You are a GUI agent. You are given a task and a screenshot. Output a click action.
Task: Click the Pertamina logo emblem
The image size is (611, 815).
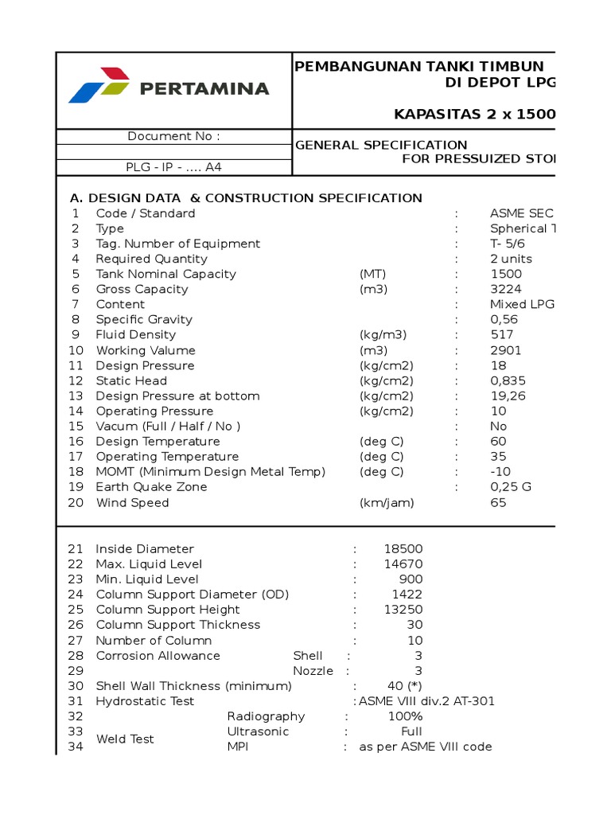tap(99, 86)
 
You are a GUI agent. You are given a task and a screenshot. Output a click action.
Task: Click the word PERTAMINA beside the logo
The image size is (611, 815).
tap(204, 88)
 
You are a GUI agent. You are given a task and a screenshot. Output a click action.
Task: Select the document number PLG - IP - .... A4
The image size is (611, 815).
tap(173, 167)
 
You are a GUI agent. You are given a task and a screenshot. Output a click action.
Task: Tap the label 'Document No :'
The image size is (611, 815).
tap(173, 136)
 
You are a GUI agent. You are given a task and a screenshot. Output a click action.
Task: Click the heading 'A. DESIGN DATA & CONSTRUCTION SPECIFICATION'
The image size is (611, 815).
tap(246, 198)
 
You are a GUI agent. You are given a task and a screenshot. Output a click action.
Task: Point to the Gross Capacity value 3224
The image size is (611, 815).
tap(507, 290)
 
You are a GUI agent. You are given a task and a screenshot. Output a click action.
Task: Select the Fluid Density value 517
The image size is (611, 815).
tap(502, 335)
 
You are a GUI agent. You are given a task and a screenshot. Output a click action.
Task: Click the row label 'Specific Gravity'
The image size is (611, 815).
tap(144, 320)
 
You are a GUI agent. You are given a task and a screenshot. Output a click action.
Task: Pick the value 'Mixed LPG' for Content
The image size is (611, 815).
tap(522, 305)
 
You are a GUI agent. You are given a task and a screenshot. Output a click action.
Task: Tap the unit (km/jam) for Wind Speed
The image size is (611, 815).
tap(387, 503)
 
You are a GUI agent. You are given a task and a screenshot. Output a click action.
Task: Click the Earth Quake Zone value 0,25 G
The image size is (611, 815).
tap(509, 487)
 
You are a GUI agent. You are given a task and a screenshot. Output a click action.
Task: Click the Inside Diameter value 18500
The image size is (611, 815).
tap(403, 549)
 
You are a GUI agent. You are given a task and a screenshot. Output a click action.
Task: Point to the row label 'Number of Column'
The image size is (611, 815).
tap(154, 641)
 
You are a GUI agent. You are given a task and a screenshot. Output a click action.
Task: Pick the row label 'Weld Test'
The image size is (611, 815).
tap(125, 739)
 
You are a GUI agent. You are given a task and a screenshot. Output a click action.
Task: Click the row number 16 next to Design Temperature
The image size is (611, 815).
tap(76, 442)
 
